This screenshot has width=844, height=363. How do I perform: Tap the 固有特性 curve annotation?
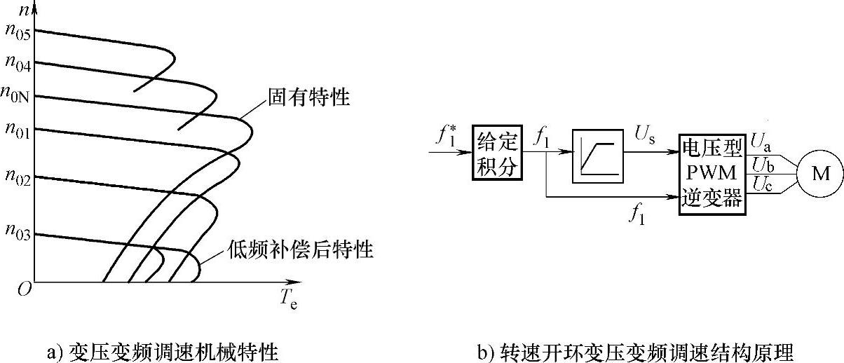(x=308, y=97)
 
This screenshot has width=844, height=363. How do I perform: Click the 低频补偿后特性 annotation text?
(x=299, y=249)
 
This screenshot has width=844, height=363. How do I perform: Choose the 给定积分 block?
(x=498, y=153)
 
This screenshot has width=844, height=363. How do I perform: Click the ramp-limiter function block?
(x=597, y=156)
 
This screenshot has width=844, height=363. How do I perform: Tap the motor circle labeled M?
(x=819, y=173)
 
